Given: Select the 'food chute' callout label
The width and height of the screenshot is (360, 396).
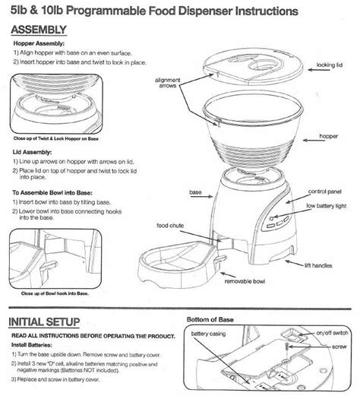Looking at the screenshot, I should (169, 225).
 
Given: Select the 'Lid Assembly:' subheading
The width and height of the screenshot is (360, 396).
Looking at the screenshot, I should (38, 151).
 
